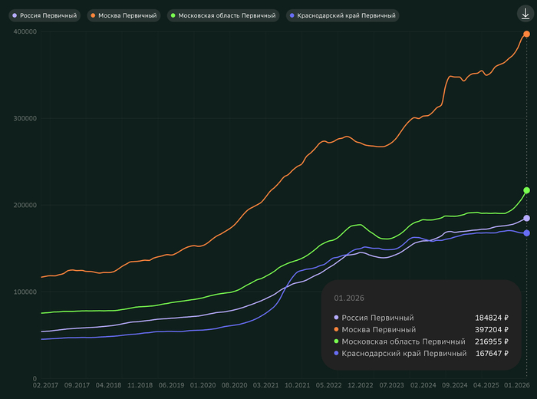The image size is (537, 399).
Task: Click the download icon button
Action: pos(525,14)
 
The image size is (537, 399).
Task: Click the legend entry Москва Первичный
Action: pos(124,15)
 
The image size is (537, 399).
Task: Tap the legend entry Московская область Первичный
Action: pos(222,15)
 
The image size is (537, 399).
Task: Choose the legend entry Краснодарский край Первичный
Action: pos(342,15)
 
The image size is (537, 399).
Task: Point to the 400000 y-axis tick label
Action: pos(25,31)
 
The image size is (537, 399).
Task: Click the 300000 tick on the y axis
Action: pos(25,118)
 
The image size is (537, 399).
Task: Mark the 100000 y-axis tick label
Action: pos(25,292)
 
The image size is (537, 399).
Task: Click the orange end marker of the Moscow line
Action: pos(526,34)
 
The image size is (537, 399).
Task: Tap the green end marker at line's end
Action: pos(526,190)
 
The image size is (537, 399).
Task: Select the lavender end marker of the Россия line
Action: pos(526,219)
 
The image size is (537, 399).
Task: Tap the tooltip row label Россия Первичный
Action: pos(377,318)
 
